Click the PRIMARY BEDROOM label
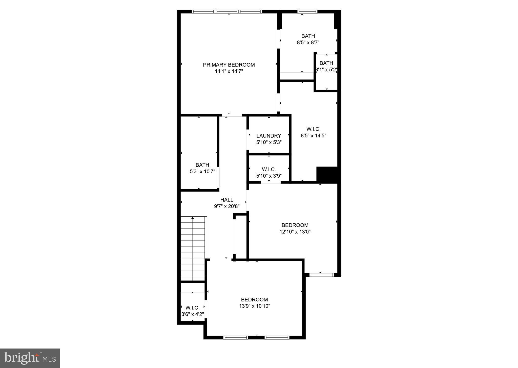click(x=229, y=65)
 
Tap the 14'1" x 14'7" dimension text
click(x=229, y=71)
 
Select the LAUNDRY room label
click(x=269, y=136)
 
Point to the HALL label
click(x=227, y=200)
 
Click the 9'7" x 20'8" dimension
click(x=227, y=207)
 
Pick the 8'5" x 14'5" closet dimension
click(x=313, y=136)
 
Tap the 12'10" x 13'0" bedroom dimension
click(x=295, y=232)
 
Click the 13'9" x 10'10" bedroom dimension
click(x=255, y=306)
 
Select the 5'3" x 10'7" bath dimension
click(x=202, y=172)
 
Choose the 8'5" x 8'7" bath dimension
click(x=308, y=43)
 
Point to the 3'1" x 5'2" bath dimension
click(x=326, y=70)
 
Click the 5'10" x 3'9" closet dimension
click(x=269, y=176)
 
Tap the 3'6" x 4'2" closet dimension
click(x=193, y=315)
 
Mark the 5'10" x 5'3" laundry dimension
click(x=269, y=142)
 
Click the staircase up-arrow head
click(x=193, y=218)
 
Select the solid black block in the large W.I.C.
click(x=327, y=175)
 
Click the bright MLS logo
click(x=30, y=358)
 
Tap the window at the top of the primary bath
click(x=307, y=12)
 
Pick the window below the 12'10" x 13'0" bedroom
click(x=322, y=275)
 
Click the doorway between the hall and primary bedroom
click(x=232, y=115)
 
